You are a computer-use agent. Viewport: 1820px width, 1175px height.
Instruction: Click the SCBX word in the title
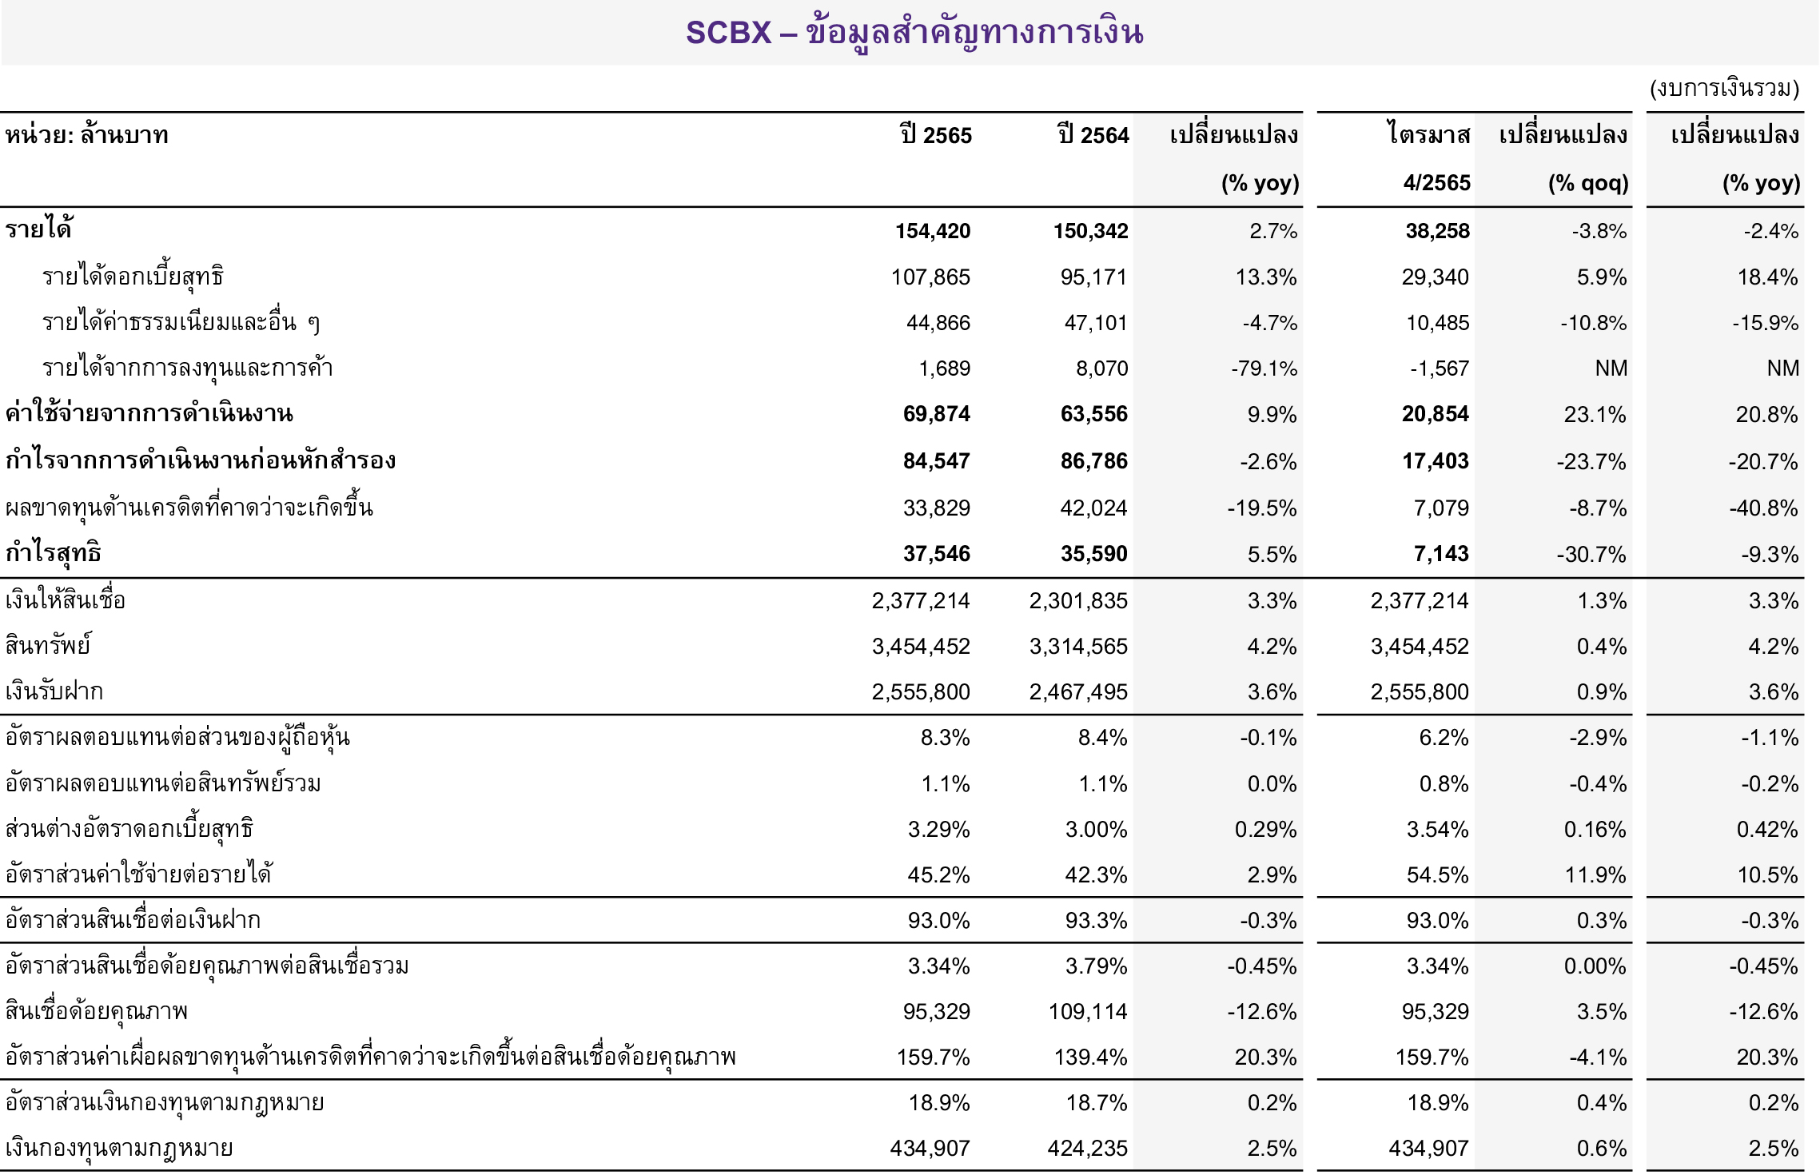[728, 33]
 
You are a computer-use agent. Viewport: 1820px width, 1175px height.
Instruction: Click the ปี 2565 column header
[935, 135]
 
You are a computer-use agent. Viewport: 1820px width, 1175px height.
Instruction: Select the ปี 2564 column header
[1093, 135]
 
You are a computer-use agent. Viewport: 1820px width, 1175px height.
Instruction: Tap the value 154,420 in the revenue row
[932, 231]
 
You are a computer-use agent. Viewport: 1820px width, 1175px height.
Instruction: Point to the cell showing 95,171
[1093, 277]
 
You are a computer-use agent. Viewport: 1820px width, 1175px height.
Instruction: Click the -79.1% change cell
[1264, 368]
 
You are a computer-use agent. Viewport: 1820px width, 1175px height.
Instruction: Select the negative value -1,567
[1439, 368]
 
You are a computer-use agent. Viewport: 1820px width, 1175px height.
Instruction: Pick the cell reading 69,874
[936, 414]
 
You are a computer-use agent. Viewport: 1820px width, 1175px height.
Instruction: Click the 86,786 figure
[1093, 461]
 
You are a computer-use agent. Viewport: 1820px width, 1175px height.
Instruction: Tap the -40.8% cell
[1763, 508]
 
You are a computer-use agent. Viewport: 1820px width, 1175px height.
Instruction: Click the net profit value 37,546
[936, 554]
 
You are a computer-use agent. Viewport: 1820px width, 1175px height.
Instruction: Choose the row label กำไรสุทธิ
[53, 553]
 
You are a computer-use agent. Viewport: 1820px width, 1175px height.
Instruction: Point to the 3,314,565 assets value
[1077, 646]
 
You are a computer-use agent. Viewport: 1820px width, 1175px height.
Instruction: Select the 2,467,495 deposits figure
[1077, 691]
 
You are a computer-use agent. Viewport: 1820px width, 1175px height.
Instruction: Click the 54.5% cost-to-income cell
[1437, 874]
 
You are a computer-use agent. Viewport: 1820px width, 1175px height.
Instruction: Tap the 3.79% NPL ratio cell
[1096, 966]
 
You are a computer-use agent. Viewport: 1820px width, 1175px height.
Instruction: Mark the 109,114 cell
[1087, 1012]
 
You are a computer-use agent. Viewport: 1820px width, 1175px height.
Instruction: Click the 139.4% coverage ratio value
[1090, 1057]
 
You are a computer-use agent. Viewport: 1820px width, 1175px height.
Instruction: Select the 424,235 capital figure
[1087, 1149]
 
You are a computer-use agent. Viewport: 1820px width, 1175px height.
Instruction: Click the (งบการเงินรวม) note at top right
[1724, 88]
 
